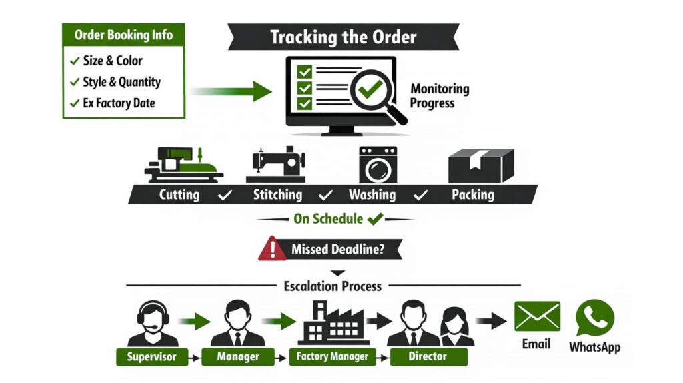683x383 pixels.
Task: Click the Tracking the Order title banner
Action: pyautogui.click(x=342, y=37)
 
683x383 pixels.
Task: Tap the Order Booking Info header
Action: pyautogui.click(x=123, y=35)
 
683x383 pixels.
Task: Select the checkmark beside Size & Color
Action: pyautogui.click(x=74, y=61)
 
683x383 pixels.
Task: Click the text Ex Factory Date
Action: pyautogui.click(x=119, y=103)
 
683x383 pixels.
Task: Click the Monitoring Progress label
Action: pyautogui.click(x=440, y=96)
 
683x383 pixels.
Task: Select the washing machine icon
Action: pyautogui.click(x=378, y=164)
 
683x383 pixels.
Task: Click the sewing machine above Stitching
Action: pyautogui.click(x=276, y=163)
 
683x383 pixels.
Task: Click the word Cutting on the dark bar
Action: pyautogui.click(x=179, y=195)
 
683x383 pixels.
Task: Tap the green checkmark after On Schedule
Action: pyautogui.click(x=375, y=218)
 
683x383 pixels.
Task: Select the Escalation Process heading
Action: pyautogui.click(x=333, y=286)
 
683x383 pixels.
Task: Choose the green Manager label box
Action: pyautogui.click(x=238, y=356)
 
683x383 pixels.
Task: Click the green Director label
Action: pyautogui.click(x=428, y=356)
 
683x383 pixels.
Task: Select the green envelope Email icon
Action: pyautogui.click(x=536, y=316)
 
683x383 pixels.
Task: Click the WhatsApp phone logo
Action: pyautogui.click(x=594, y=318)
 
